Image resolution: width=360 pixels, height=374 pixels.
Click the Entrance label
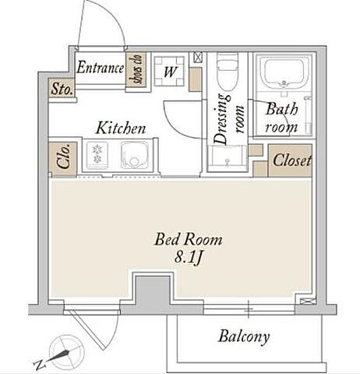tap(100, 67)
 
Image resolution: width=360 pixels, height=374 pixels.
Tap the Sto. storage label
tap(62, 89)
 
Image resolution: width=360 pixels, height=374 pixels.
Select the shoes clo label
tap(136, 69)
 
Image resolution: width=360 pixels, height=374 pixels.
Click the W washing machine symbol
tap(169, 71)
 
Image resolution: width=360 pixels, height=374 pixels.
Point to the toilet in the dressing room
tap(227, 71)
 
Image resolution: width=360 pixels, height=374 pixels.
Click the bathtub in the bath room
tap(284, 73)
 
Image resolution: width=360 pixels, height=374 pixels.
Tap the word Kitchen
tap(121, 128)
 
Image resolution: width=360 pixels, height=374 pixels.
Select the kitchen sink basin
tap(135, 155)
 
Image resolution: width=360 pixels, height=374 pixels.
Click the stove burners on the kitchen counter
tap(97, 153)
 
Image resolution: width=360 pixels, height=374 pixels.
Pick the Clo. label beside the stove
tap(63, 156)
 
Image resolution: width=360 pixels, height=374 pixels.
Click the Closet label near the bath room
tap(291, 161)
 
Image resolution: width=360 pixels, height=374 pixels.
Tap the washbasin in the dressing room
tap(228, 157)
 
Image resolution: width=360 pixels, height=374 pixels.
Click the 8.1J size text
tap(188, 258)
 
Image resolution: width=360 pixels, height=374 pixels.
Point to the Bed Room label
tap(189, 239)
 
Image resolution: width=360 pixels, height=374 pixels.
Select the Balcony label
tap(244, 337)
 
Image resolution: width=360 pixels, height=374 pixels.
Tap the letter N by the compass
tap(40, 365)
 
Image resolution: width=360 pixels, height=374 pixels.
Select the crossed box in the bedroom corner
tap(308, 302)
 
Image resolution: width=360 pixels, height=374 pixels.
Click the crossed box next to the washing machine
tap(197, 58)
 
